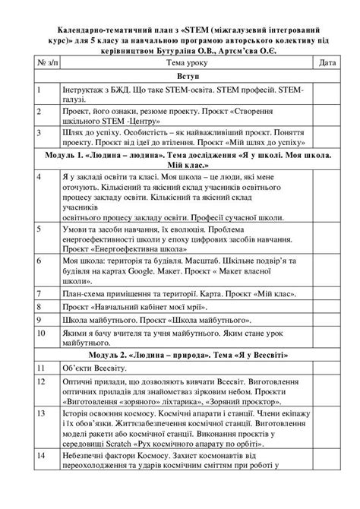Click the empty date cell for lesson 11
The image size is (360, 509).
(328, 368)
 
